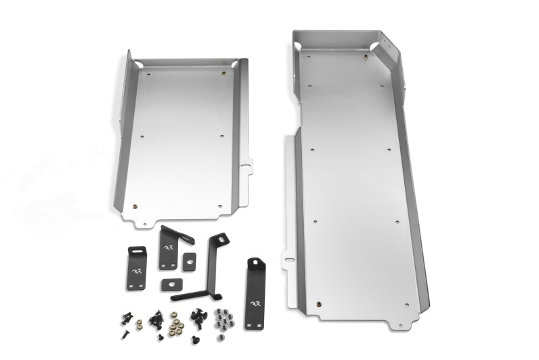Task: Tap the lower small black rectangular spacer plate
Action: (172, 283)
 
